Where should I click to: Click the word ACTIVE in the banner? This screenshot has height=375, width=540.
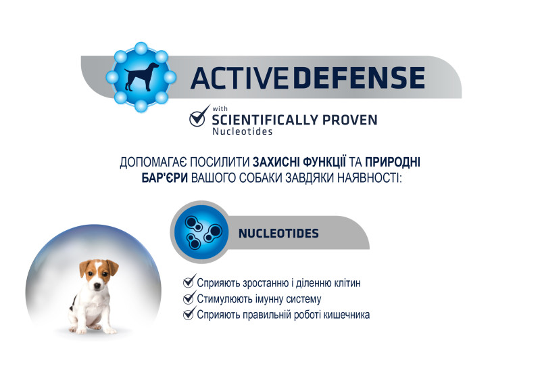[x=239, y=78]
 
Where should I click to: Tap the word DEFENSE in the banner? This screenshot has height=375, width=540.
[x=359, y=78]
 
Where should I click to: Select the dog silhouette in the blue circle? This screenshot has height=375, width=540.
[x=141, y=76]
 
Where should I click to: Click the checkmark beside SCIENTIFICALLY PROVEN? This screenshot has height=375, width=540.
[x=199, y=116]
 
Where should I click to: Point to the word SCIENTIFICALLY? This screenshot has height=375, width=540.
[x=265, y=120]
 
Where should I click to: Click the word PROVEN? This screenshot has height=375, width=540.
[x=350, y=120]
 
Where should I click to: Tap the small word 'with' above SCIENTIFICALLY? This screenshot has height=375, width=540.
[x=220, y=109]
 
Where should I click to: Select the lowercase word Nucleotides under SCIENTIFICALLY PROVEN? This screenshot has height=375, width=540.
[x=243, y=131]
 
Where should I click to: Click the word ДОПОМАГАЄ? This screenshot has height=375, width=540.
[x=153, y=162]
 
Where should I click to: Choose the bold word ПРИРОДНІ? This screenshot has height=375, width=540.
[x=393, y=162]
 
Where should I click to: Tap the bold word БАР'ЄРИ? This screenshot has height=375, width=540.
[x=165, y=177]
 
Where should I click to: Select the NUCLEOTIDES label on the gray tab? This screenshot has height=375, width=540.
[x=278, y=234]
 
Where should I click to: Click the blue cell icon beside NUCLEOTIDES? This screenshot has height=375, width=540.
[x=201, y=232]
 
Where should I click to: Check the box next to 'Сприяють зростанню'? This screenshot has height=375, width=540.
[x=189, y=281]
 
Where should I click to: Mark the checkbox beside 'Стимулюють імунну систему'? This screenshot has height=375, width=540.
[x=189, y=297]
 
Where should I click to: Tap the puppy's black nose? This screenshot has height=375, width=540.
[x=97, y=286]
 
